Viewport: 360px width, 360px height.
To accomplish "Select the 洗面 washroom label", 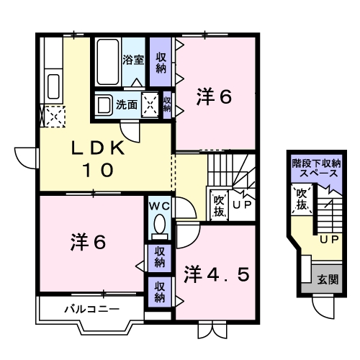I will (129, 104).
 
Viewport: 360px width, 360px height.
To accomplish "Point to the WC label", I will (158, 207).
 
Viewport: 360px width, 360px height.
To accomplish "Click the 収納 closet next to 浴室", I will (160, 62).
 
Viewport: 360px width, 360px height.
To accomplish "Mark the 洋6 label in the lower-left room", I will (88, 243).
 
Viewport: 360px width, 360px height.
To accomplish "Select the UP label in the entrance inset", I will (329, 238).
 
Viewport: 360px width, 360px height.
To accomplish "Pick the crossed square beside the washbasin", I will (150, 104).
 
